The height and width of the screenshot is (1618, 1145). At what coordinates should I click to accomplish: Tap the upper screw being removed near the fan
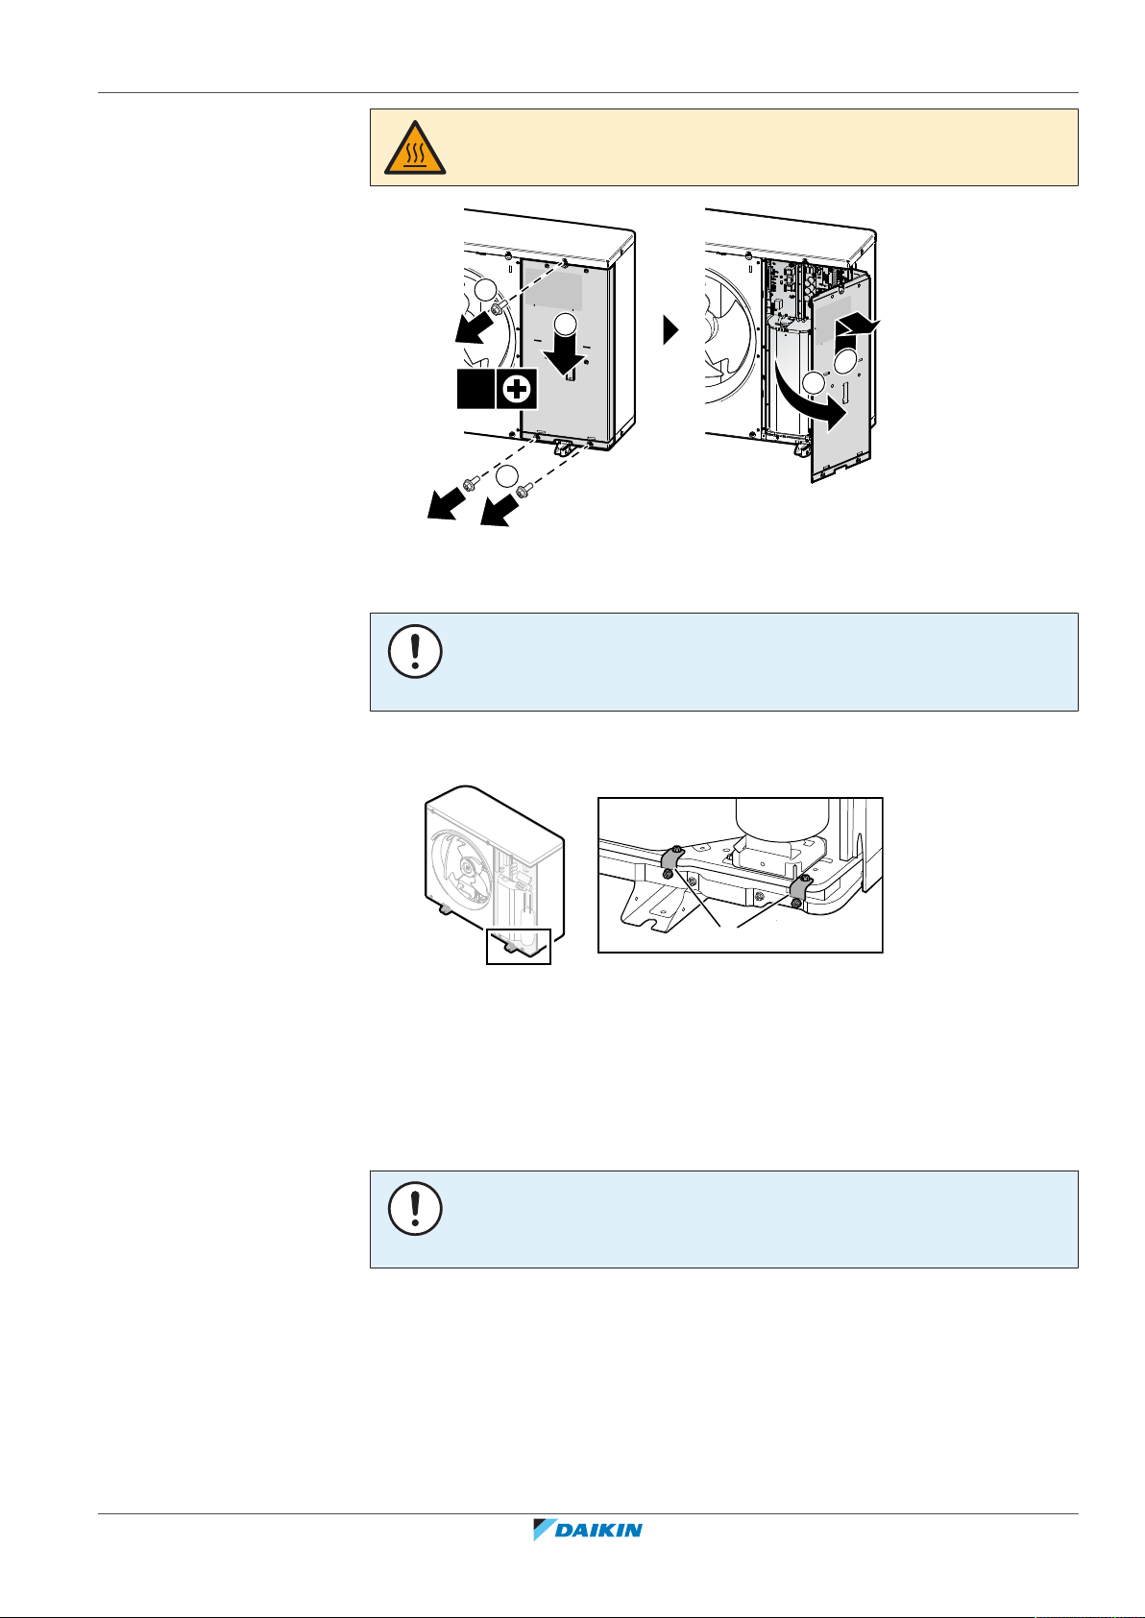coord(499,306)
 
